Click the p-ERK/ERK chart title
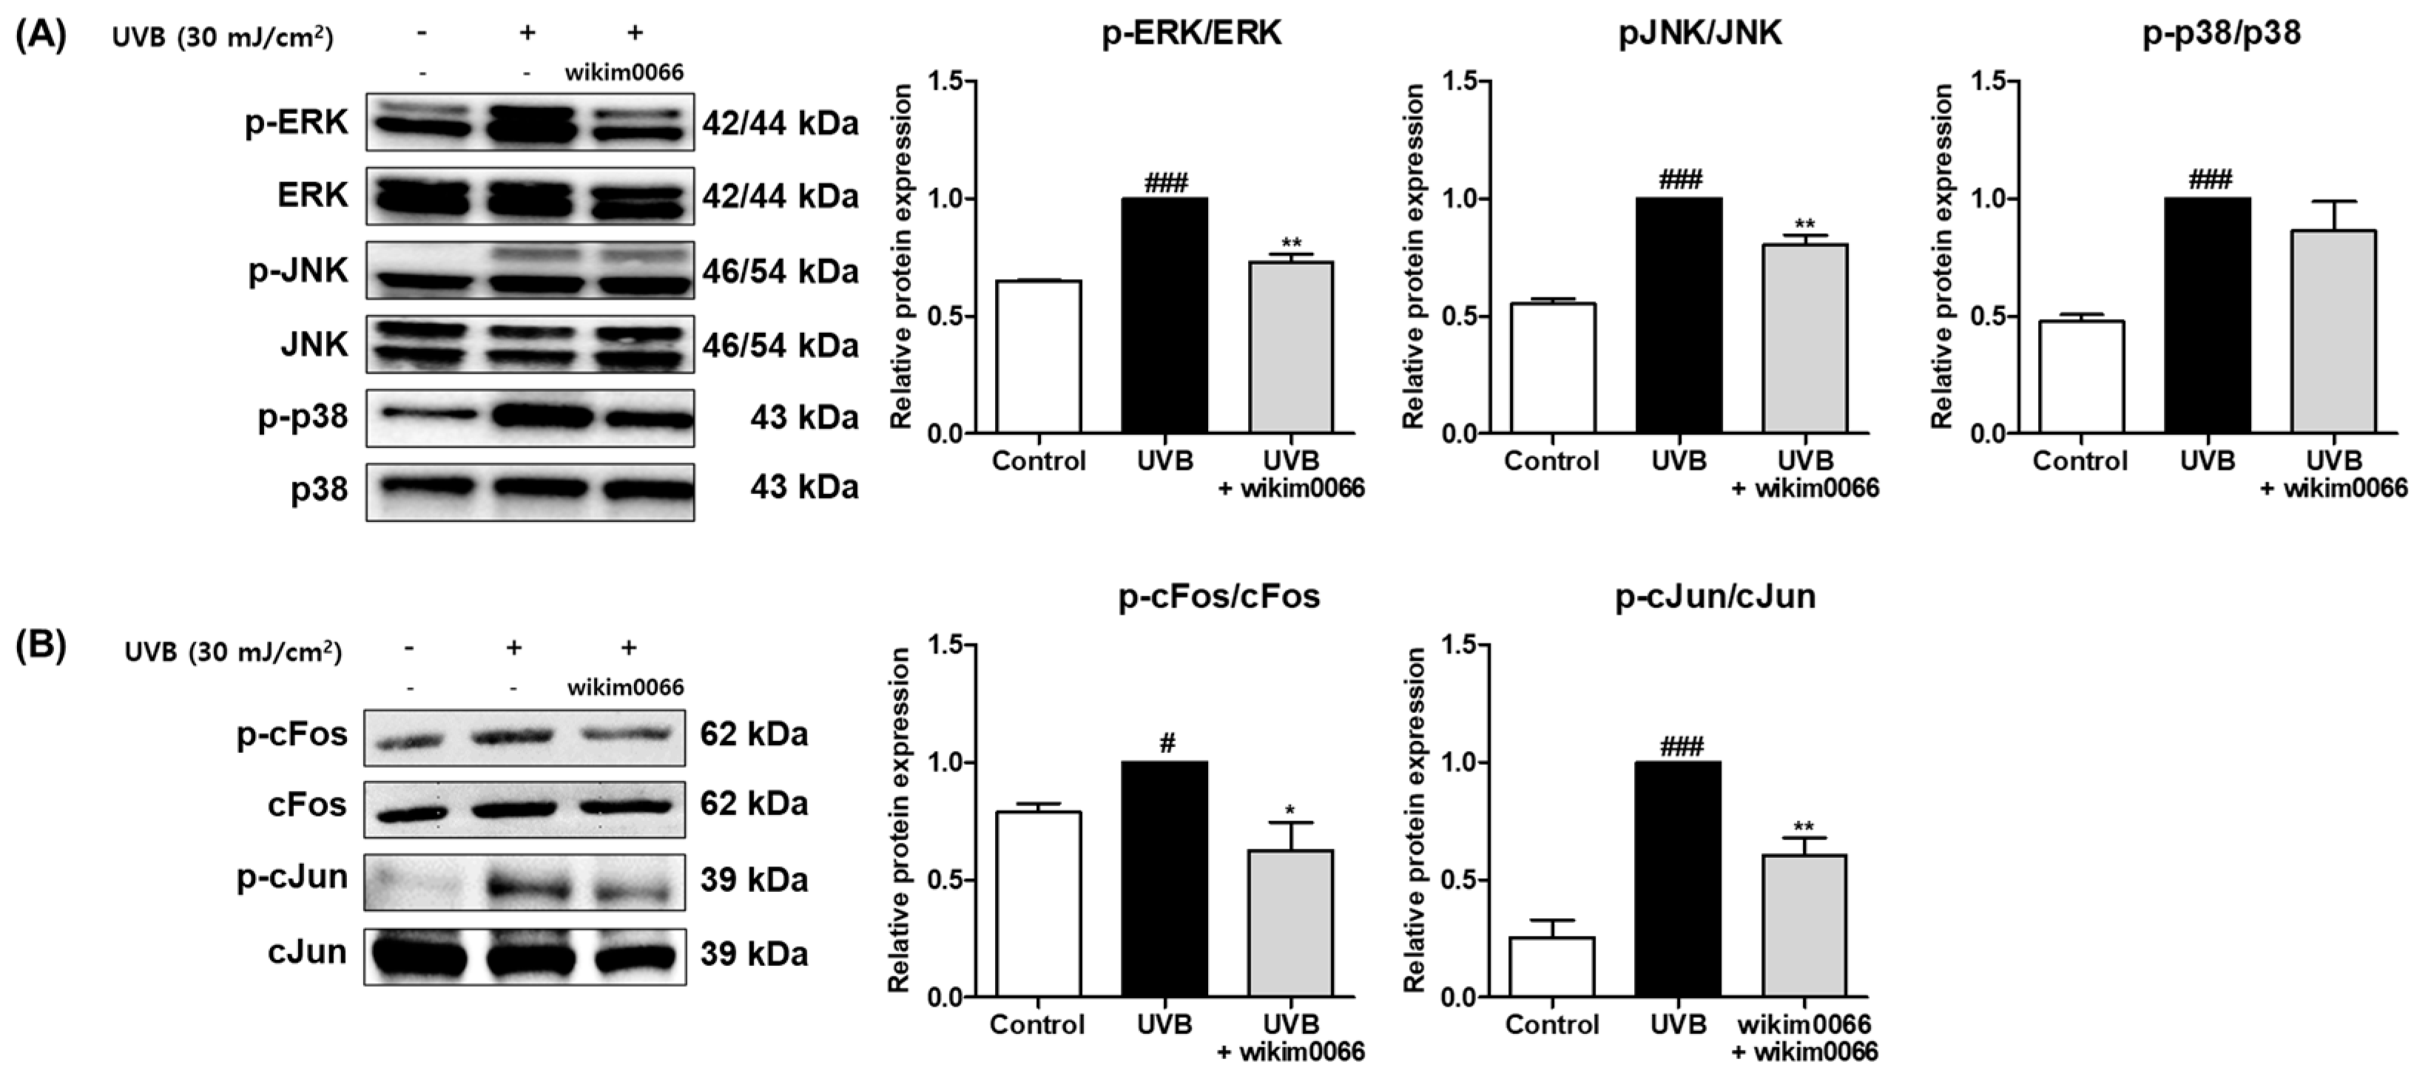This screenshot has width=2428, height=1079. pos(1191,35)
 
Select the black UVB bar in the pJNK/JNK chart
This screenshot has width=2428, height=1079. pos(1679,316)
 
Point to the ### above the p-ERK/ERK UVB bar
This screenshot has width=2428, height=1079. pos(1166,183)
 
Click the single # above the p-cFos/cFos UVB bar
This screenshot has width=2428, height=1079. pos(1166,745)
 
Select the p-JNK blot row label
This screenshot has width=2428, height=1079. pos(298,271)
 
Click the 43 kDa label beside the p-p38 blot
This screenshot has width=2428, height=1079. pos(804,416)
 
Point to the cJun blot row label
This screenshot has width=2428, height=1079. pos(307,952)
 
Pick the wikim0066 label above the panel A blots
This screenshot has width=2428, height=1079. pos(624,72)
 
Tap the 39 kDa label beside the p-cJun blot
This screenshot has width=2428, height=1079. pos(754,880)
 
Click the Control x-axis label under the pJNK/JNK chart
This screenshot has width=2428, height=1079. pos(1551,461)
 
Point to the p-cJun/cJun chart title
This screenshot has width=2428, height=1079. pos(1715,598)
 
